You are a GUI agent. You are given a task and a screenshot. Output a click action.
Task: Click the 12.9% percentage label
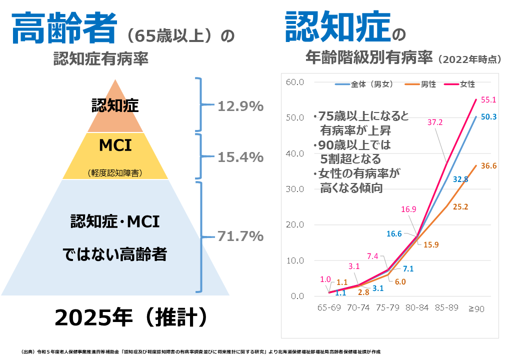tap(240, 106)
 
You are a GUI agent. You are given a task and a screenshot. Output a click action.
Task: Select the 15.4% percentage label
tap(240, 157)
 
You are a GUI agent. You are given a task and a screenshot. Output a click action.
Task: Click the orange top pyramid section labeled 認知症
tap(115, 105)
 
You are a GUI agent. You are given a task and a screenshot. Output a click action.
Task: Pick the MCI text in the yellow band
tap(115, 145)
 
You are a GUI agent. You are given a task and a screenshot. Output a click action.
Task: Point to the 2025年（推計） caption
tap(130, 316)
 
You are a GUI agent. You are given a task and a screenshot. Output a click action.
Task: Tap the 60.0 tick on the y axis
tap(295, 82)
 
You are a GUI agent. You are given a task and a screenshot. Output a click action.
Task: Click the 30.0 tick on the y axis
tap(295, 189)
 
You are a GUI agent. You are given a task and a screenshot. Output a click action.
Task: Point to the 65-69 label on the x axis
tap(329, 308)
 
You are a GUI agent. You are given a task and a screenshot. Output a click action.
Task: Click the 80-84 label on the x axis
tap(416, 308)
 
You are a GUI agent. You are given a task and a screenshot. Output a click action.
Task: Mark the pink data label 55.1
tap(488, 99)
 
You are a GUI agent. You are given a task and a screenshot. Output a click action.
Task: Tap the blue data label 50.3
tap(488, 116)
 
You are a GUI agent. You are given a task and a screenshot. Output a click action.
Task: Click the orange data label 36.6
tap(488, 166)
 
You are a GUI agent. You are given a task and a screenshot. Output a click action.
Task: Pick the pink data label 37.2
tap(435, 122)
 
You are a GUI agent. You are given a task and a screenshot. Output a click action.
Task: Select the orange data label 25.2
tap(459, 206)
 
